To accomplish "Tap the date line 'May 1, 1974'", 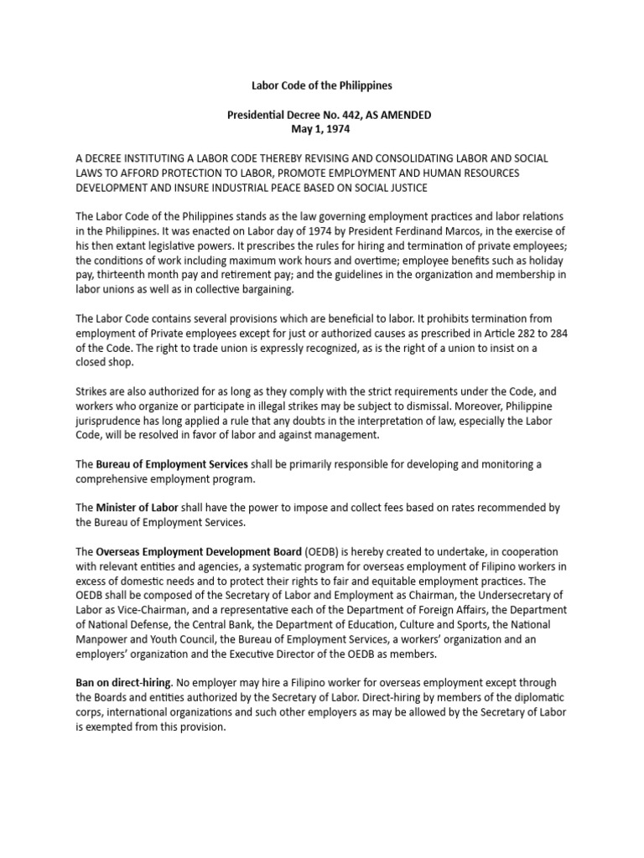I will click(320, 129).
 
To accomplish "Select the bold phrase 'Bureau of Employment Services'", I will click(171, 463).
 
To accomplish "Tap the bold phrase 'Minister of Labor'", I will click(136, 508).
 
